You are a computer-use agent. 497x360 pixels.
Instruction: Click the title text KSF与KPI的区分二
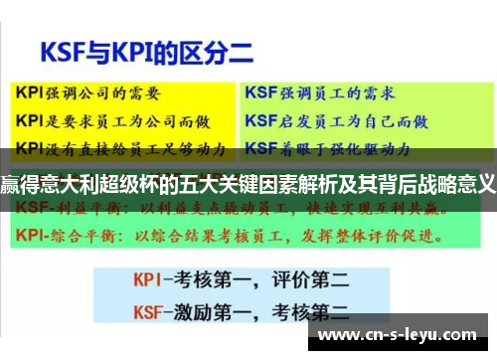[133, 49]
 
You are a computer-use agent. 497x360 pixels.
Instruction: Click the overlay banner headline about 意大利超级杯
[248, 182]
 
